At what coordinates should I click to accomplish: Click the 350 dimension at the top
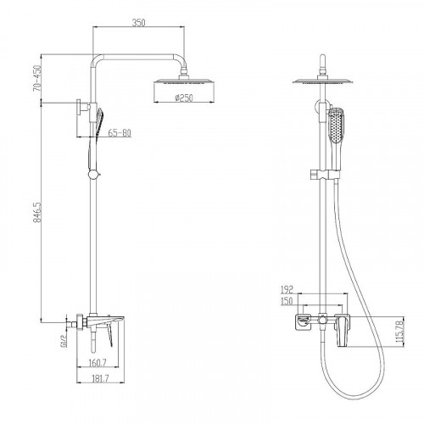pos(139,22)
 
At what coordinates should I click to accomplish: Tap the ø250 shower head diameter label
pos(184,98)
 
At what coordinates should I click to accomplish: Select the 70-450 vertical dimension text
pos(36,78)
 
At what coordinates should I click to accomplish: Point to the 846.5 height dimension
pos(37,212)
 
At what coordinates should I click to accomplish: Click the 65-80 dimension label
pos(120,133)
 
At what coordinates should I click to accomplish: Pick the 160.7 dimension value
pos(98,363)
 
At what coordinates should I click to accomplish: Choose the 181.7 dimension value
pos(100,378)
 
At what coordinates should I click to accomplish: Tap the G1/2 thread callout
pos(63,341)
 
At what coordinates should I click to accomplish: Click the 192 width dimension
pos(287,290)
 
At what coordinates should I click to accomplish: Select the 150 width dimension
pos(287,301)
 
